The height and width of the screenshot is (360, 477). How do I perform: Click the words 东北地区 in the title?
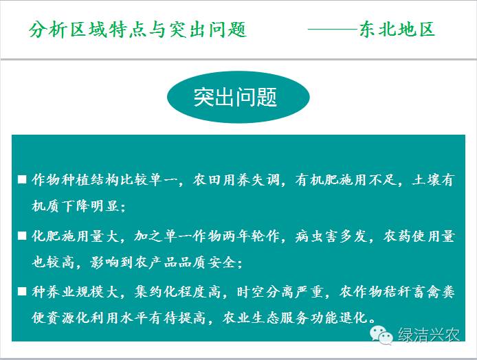(397, 30)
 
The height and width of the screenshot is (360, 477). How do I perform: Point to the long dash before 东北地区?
(333, 30)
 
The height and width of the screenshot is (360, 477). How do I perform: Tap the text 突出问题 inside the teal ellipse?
(235, 98)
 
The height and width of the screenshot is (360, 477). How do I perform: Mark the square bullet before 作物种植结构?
(22, 179)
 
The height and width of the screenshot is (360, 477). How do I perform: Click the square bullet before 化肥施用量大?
(22, 236)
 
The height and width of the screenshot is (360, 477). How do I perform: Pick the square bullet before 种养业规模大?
(22, 291)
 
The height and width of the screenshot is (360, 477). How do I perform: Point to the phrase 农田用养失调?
(236, 180)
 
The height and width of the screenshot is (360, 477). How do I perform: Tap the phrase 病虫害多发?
(331, 236)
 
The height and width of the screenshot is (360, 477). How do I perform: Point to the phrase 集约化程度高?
(177, 292)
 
